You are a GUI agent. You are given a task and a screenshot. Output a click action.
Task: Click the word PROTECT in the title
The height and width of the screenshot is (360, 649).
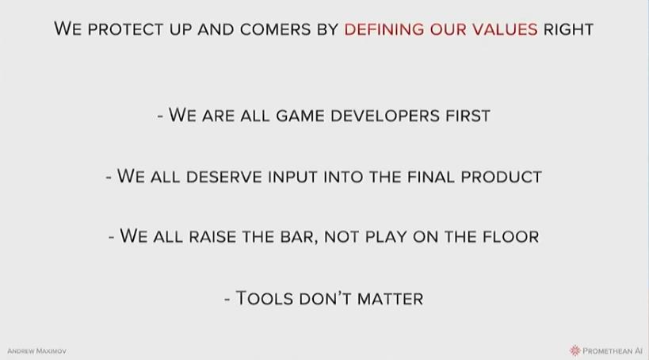pos(125,30)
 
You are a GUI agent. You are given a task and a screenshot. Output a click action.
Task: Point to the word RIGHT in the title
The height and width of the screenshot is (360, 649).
pos(568,30)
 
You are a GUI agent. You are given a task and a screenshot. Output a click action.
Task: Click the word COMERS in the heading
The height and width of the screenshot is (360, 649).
pos(275,30)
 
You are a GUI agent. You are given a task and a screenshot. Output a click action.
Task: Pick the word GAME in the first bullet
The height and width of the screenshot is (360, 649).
pos(300,116)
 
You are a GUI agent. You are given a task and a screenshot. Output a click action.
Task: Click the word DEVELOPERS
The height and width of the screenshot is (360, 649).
pos(385,116)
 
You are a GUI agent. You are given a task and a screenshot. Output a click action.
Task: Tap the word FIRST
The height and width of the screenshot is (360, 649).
pos(468,116)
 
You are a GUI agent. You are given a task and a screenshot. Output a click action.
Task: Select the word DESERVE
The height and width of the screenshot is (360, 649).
pos(224,177)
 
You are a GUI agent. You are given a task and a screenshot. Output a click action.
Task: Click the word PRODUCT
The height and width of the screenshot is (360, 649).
pos(502,177)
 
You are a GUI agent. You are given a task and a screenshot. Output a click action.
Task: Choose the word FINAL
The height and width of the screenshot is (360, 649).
pos(431,177)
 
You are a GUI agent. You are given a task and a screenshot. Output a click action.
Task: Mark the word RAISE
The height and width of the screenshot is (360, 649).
pos(212,237)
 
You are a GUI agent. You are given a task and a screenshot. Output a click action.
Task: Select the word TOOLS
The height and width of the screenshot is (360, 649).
pos(265,299)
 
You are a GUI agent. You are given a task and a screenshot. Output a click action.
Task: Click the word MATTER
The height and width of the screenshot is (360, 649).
pos(390,299)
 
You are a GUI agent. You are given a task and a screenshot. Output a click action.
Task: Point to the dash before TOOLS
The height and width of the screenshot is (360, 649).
pos(227,299)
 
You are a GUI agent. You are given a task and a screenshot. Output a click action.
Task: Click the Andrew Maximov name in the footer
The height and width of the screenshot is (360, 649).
pos(36,351)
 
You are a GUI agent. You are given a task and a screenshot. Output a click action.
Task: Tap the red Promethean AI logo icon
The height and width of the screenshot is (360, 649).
pos(575,350)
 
